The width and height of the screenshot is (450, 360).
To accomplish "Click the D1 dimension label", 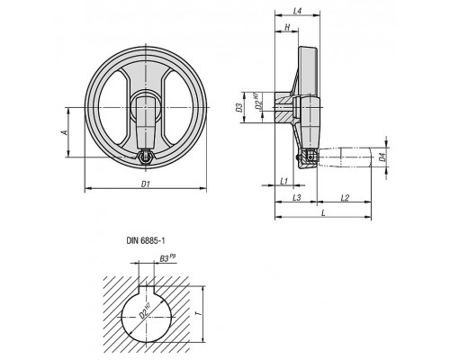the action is pyautogui.click(x=146, y=184).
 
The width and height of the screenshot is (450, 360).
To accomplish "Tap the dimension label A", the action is pyautogui.click(x=64, y=132).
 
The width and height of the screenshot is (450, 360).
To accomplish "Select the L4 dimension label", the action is pyautogui.click(x=297, y=11).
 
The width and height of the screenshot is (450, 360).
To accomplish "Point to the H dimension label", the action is pyautogui.click(x=287, y=27).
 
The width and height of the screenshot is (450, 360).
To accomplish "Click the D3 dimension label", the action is pyautogui.click(x=238, y=107).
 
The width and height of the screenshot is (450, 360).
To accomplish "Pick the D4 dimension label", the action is pyautogui.click(x=382, y=157).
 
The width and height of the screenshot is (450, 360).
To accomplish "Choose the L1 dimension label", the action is pyautogui.click(x=283, y=181).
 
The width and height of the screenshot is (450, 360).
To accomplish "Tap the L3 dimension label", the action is pyautogui.click(x=296, y=197).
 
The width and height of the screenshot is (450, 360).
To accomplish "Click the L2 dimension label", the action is pyautogui.click(x=345, y=197).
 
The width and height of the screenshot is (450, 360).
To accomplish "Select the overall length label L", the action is pyautogui.click(x=323, y=212).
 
